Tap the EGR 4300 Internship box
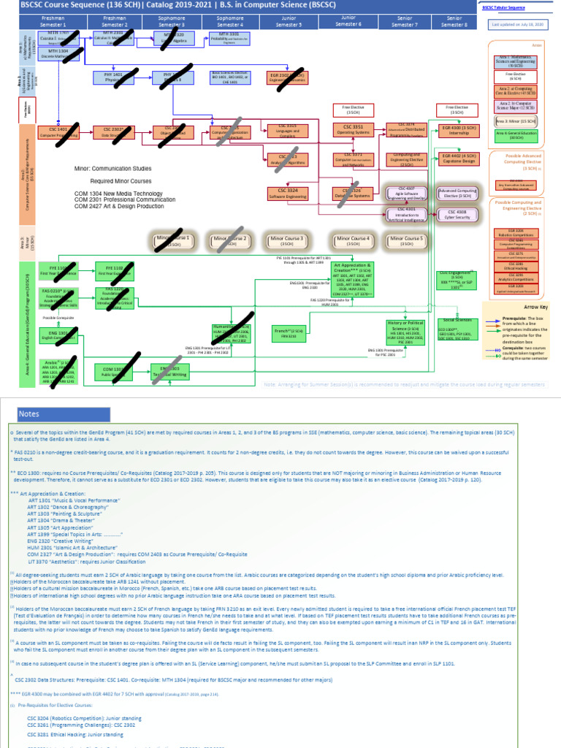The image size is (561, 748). click(x=457, y=131)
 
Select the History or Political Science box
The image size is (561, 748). click(x=406, y=333)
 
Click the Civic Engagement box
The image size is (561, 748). click(x=457, y=280)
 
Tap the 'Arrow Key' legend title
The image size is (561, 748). click(x=520, y=308)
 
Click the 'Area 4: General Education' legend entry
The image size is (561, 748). click(x=519, y=135)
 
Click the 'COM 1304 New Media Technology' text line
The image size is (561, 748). click(x=118, y=193)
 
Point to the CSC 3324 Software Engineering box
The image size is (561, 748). click(x=287, y=193)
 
